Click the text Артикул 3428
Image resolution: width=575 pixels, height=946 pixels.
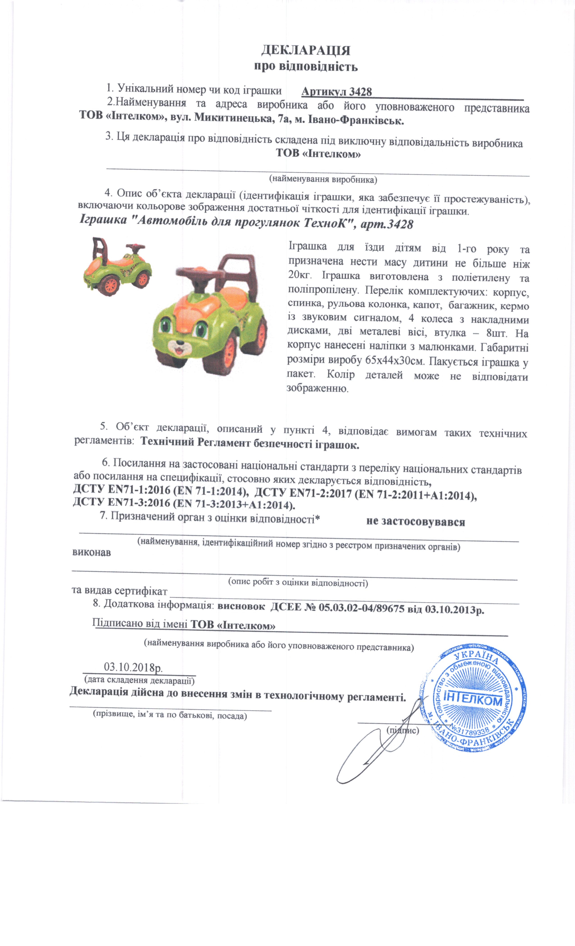pyautogui.click(x=336, y=91)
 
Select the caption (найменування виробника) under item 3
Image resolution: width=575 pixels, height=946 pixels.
pyautogui.click(x=322, y=179)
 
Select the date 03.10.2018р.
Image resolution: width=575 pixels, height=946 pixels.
pyautogui.click(x=133, y=667)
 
